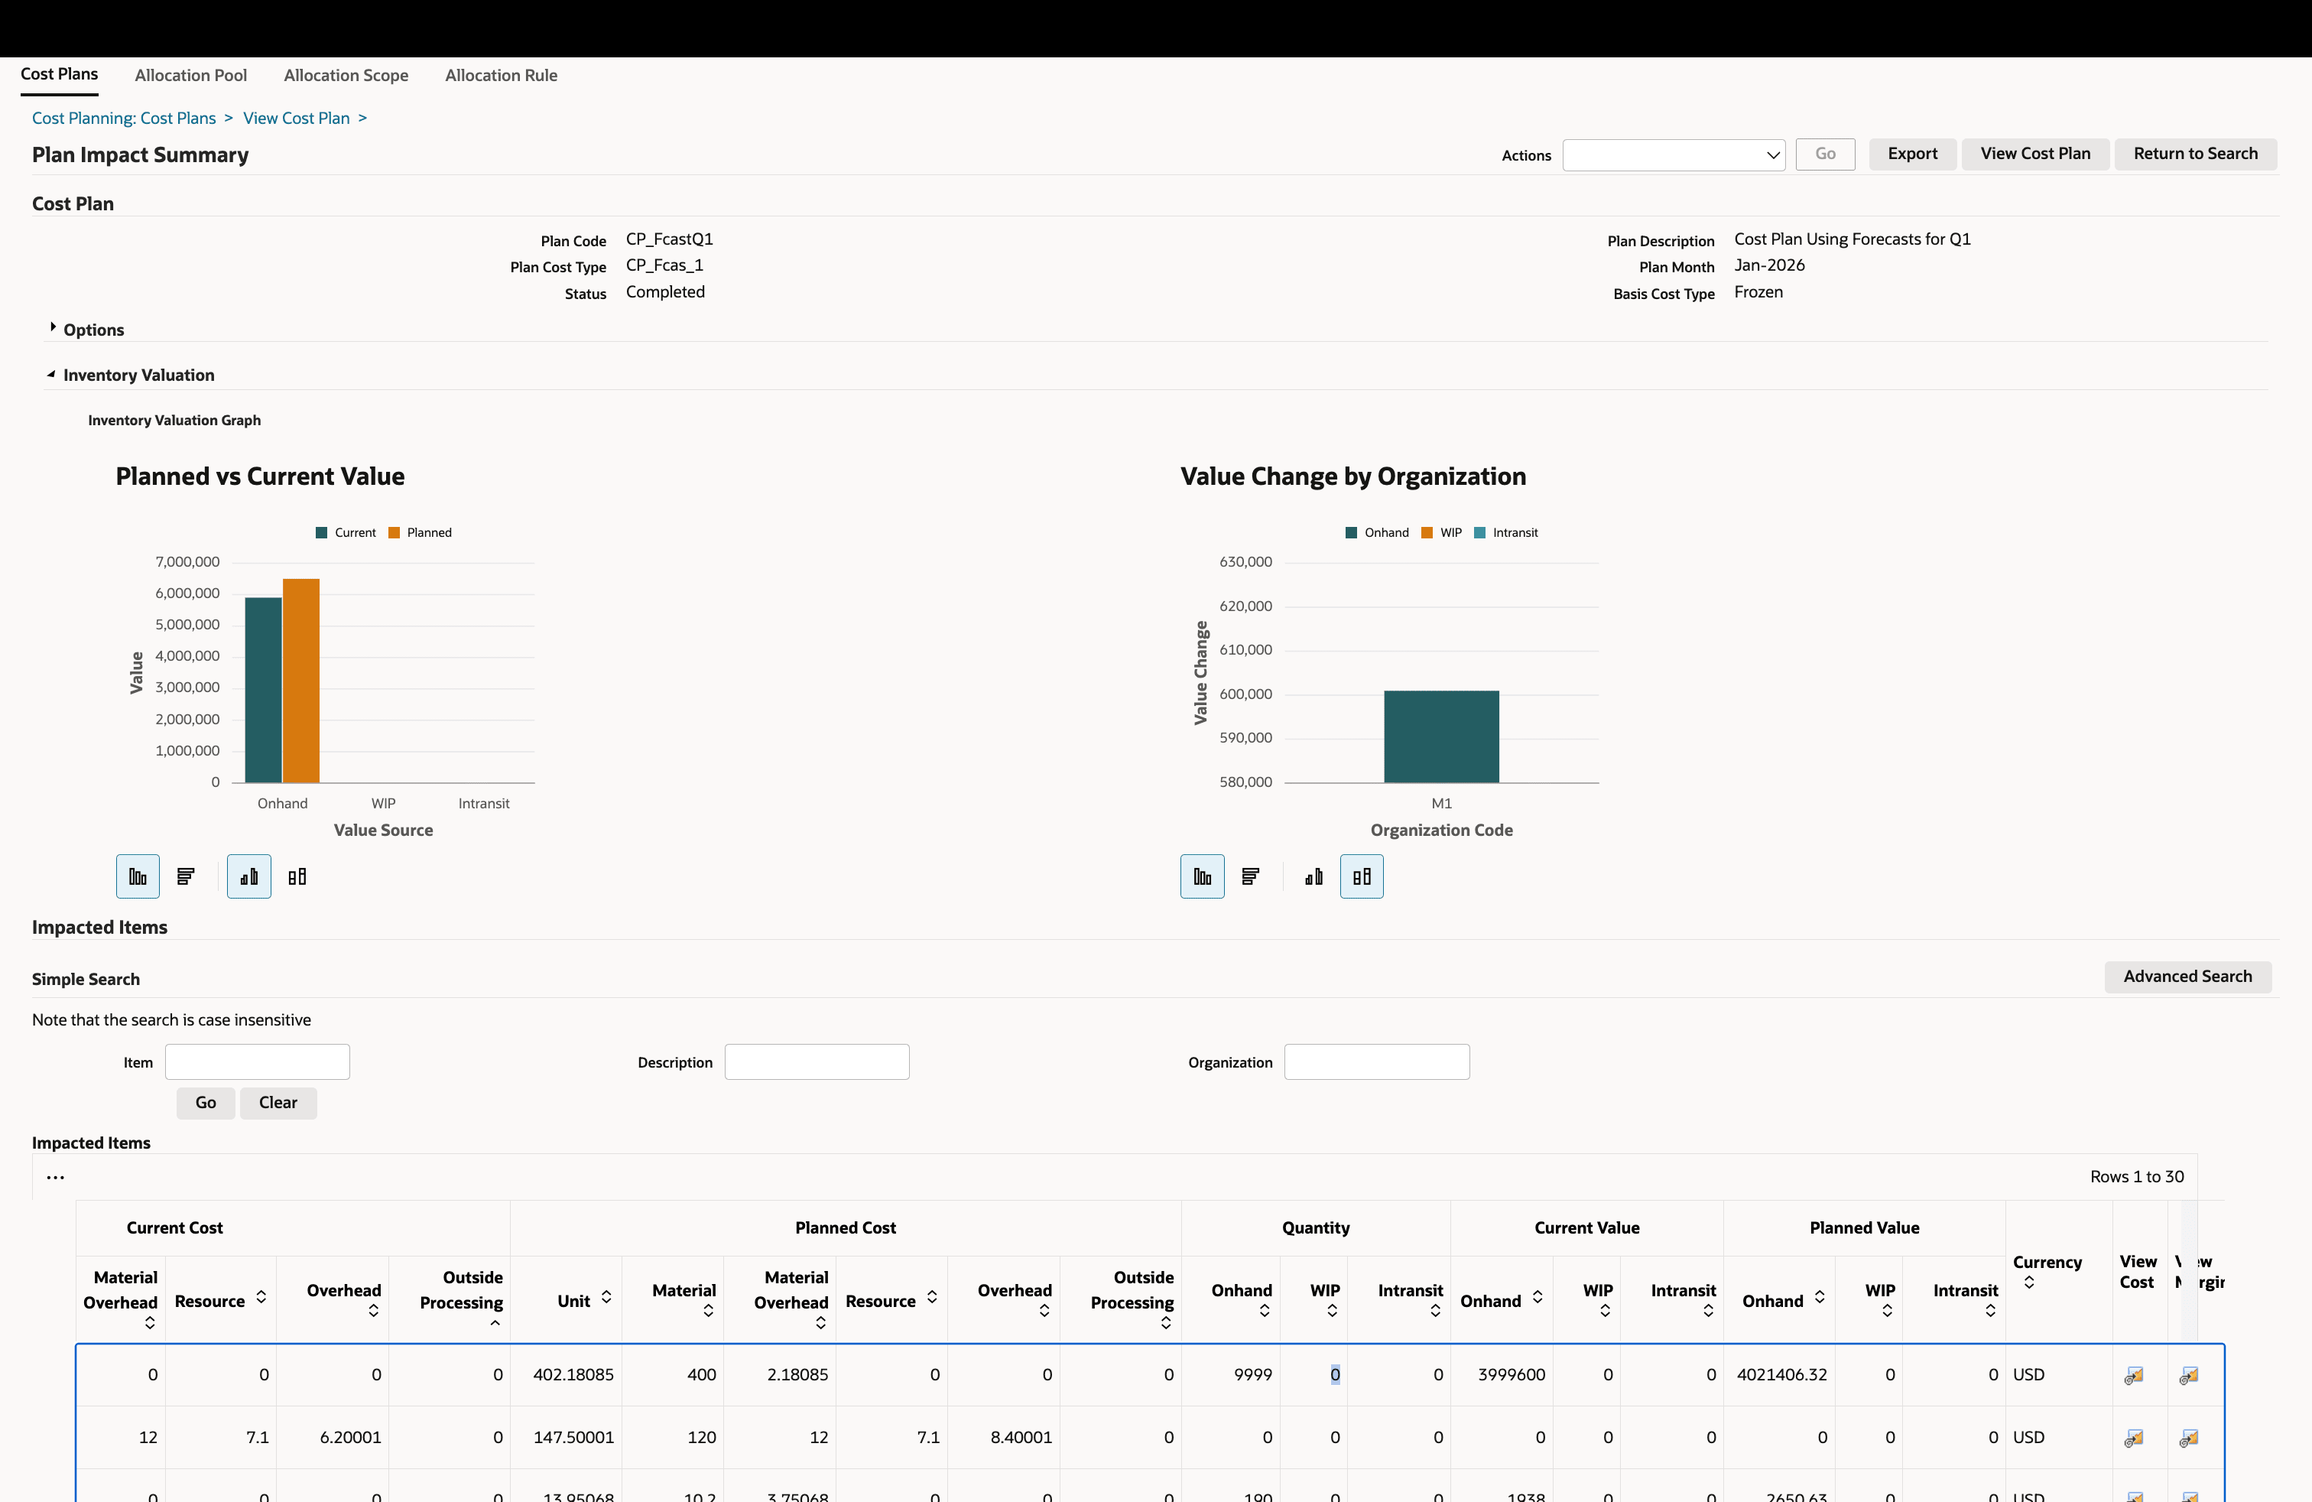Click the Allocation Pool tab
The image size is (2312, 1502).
[x=190, y=75]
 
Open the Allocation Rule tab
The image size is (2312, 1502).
[x=500, y=75]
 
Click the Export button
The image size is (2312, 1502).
[x=1912, y=154]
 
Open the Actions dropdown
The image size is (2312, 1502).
[x=1673, y=154]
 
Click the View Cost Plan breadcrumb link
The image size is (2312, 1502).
[x=297, y=118]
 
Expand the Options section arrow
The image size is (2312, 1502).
[x=53, y=328]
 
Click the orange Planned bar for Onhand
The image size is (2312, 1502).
[x=301, y=680]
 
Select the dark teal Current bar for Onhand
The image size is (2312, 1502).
[x=263, y=690]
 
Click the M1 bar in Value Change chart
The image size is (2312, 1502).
[x=1440, y=736]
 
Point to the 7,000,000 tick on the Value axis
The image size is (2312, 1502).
[x=187, y=561]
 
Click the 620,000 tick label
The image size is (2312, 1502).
[x=1245, y=606]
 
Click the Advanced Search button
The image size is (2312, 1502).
[x=2187, y=977]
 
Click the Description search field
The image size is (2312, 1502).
[x=816, y=1062]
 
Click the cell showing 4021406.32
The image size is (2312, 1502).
[x=1781, y=1375]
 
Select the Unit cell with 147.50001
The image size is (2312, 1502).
[x=573, y=1437]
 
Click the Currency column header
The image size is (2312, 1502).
[x=2047, y=1262]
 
